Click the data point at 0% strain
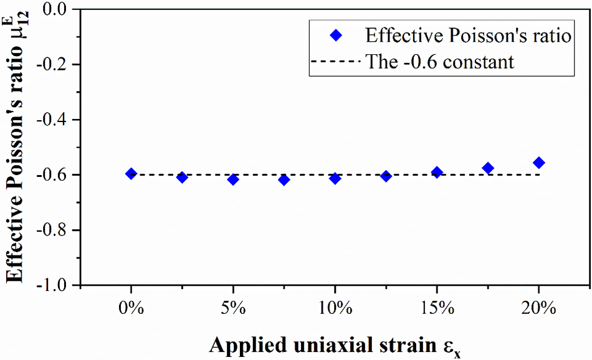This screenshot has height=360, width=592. click(131, 174)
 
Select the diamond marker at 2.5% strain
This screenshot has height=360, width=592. click(182, 178)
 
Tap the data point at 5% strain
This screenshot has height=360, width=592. click(233, 179)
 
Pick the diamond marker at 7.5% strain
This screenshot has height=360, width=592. click(284, 180)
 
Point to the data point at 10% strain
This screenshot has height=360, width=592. click(335, 179)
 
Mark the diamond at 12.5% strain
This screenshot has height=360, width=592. click(386, 176)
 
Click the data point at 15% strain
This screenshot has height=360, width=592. click(437, 173)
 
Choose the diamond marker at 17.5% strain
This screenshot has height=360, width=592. click(488, 168)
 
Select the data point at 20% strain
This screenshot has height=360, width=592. click(539, 163)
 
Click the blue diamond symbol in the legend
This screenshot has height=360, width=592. click(336, 36)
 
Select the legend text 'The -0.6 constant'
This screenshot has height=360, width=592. click(440, 62)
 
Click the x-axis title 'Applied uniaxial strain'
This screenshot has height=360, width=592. click(323, 344)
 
